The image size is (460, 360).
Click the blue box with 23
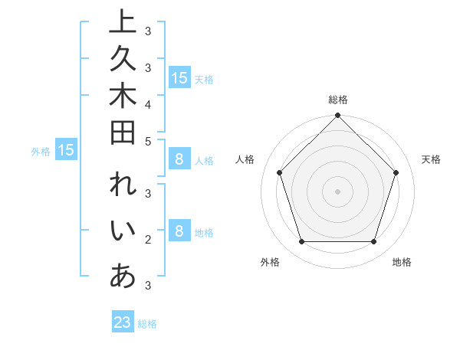123,322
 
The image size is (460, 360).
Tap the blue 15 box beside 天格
179,77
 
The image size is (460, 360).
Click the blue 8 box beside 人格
179,159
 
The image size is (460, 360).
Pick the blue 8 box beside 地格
179,231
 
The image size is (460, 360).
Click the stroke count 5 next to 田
148,141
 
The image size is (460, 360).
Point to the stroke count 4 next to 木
148,104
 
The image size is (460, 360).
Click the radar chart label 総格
337,100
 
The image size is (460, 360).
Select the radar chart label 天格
431,159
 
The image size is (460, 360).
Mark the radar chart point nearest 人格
280,172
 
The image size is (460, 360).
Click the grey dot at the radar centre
337,191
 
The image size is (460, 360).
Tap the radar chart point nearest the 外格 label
301,241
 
